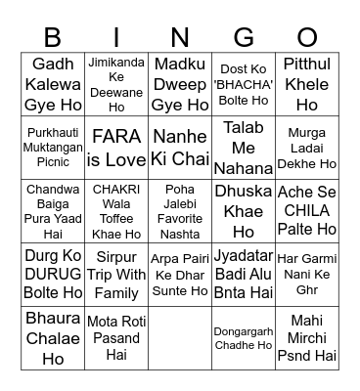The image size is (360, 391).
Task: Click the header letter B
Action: tap(53, 37)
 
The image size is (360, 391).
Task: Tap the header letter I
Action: tap(116, 37)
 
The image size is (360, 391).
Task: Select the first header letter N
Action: tap(180, 37)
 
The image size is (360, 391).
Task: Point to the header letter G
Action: tap(244, 37)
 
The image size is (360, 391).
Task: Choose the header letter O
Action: tap(307, 37)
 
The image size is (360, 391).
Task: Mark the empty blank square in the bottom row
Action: tap(180, 338)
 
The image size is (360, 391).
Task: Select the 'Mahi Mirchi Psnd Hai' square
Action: tap(307, 338)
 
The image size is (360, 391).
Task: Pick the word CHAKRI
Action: tap(116, 190)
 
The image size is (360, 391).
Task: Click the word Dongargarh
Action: tap(244, 331)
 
